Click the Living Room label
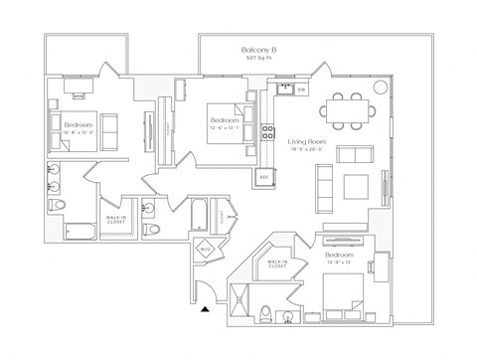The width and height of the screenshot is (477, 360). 308,142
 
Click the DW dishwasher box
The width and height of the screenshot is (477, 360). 301,90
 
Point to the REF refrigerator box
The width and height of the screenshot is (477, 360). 263,177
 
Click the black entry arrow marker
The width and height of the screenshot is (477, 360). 205,311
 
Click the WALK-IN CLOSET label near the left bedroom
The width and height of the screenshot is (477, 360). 113,222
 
